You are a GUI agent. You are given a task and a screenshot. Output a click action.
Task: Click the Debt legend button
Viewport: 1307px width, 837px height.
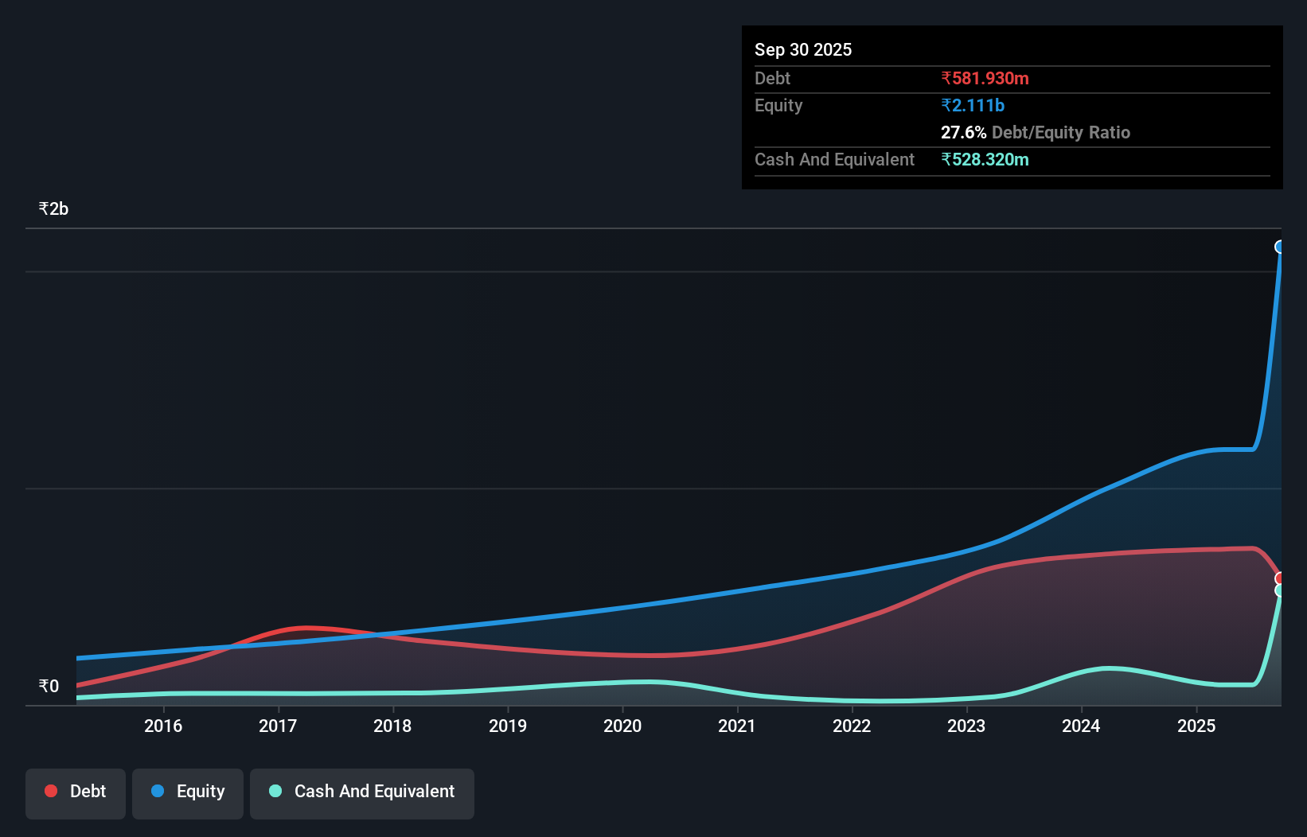pyautogui.click(x=76, y=792)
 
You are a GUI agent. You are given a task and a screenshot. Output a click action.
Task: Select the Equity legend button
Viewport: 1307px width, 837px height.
pyautogui.click(x=188, y=792)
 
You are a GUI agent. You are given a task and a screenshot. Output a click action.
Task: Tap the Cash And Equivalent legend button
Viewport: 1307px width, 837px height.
pyautogui.click(x=362, y=792)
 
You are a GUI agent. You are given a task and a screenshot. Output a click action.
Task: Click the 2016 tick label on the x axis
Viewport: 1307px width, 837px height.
pyautogui.click(x=163, y=726)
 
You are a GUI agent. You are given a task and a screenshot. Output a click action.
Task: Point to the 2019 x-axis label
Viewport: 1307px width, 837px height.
pyautogui.click(x=508, y=726)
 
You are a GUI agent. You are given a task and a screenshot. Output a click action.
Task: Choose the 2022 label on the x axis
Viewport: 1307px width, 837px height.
pyautogui.click(x=852, y=726)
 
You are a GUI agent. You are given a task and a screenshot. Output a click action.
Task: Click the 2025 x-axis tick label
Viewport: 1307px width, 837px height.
pyautogui.click(x=1196, y=726)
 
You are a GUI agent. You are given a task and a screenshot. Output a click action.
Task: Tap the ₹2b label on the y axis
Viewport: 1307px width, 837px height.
pyautogui.click(x=53, y=209)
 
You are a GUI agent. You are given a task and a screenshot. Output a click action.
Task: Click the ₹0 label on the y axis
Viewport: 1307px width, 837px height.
pyautogui.click(x=49, y=687)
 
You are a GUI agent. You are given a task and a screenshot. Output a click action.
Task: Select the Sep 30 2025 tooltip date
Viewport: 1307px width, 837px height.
pyautogui.click(x=803, y=50)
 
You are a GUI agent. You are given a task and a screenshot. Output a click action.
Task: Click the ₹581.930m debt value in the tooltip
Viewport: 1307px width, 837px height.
pyautogui.click(x=985, y=79)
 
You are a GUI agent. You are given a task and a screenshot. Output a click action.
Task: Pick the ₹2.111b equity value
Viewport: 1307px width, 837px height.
pyautogui.click(x=973, y=106)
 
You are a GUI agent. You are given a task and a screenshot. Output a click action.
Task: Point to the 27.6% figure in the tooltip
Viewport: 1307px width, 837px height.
pyautogui.click(x=963, y=133)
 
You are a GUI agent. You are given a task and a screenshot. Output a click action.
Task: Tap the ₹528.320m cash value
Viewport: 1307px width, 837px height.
pyautogui.click(x=985, y=160)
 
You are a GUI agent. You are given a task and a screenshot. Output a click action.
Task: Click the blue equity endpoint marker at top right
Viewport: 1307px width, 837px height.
pyautogui.click(x=1280, y=247)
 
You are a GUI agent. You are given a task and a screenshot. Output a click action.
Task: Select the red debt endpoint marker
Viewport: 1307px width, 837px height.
pyautogui.click(x=1280, y=578)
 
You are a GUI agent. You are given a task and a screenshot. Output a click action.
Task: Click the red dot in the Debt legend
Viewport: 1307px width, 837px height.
pyautogui.click(x=51, y=791)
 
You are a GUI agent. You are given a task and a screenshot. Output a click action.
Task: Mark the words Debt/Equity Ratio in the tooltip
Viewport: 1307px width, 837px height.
pyautogui.click(x=1060, y=133)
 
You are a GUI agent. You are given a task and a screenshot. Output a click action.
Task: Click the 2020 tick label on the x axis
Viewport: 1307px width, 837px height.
pyautogui.click(x=622, y=726)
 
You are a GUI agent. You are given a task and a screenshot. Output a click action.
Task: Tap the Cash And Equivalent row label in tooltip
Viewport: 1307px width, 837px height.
pyautogui.click(x=834, y=160)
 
